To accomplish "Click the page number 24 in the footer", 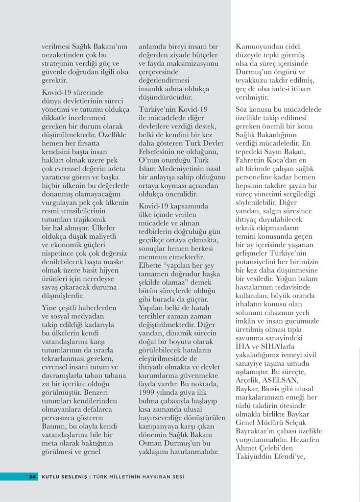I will [x=32, y=476].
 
